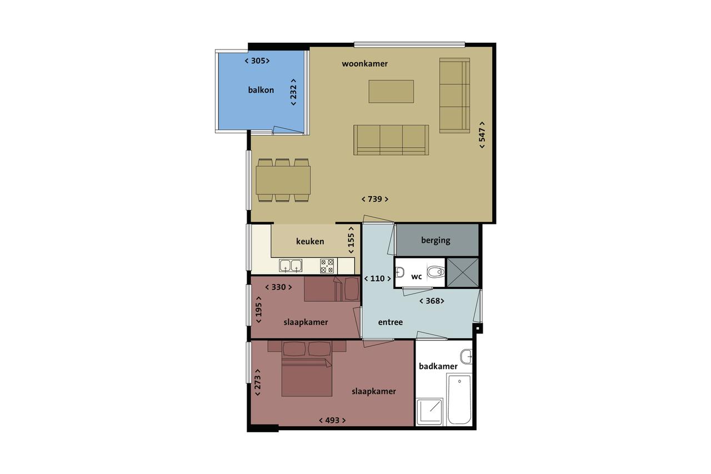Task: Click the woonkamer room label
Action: click(x=365, y=64)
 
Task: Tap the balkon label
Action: click(x=261, y=90)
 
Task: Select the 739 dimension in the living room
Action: click(x=375, y=199)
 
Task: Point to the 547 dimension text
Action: click(x=482, y=134)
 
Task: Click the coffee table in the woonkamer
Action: click(x=391, y=92)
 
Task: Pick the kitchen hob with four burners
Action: click(x=327, y=266)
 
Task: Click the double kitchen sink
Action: click(x=291, y=266)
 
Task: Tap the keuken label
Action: click(x=310, y=242)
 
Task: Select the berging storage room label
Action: click(x=435, y=241)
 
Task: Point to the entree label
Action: click(x=390, y=322)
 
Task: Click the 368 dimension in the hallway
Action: click(x=432, y=301)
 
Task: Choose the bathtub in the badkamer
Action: click(x=459, y=400)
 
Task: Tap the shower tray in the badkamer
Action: click(x=429, y=412)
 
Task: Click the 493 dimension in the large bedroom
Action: click(x=332, y=421)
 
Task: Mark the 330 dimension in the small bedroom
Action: click(x=278, y=287)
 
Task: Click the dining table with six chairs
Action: click(x=283, y=181)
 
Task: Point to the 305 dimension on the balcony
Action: click(x=257, y=61)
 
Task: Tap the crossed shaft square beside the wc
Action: click(x=463, y=272)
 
